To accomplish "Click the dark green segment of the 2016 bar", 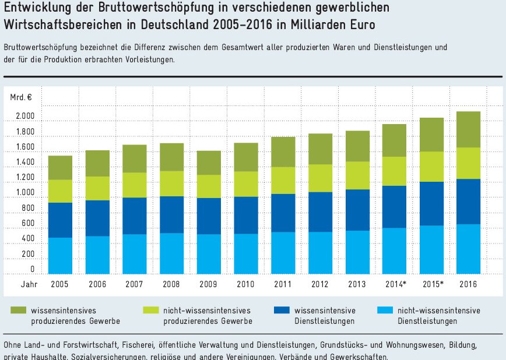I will [468, 129].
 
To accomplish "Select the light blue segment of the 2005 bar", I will [60, 256].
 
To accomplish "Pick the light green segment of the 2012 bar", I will [320, 178].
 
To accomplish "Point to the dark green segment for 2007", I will [134, 158].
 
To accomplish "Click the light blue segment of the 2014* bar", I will [394, 250].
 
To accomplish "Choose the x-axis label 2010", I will [245, 284].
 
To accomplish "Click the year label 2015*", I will [431, 284].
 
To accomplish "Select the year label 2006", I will [97, 284].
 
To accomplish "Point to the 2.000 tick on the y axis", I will [25, 117].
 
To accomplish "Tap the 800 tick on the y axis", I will [29, 208].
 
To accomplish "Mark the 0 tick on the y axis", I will [33, 269].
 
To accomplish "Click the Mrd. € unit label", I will [20, 97].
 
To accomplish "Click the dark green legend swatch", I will [19, 311].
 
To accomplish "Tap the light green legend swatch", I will [151, 311].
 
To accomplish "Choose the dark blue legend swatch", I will [283, 311].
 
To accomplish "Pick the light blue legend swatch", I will [385, 311].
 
